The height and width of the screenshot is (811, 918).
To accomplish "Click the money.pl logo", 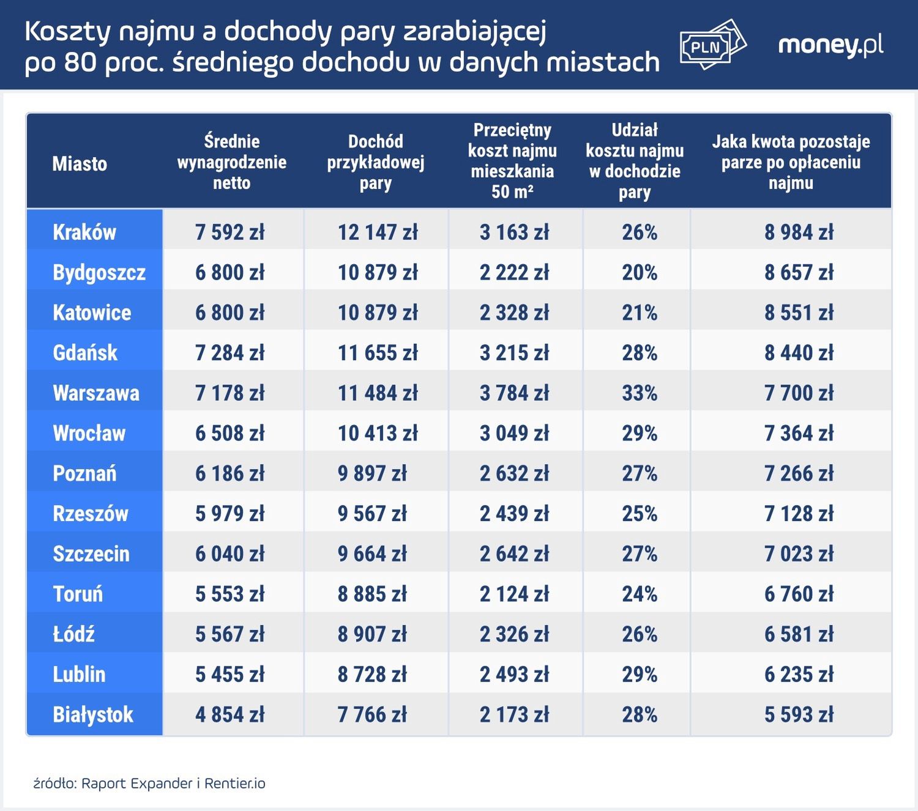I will point(830,46).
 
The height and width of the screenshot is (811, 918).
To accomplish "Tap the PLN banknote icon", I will point(712,45).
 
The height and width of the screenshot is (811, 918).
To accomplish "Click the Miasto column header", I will point(80,163).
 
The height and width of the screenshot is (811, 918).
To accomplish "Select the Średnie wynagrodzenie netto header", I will point(232,162).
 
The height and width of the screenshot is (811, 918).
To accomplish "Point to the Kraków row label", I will point(84,232).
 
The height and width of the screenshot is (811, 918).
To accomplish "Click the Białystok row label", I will point(93,714).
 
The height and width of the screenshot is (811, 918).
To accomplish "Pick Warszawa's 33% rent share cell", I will point(640,393).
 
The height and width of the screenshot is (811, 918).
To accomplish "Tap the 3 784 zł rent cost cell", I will point(514,393).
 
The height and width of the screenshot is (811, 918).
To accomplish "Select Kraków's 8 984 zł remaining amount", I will point(799,232).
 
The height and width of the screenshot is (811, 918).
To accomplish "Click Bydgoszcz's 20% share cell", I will point(640,272).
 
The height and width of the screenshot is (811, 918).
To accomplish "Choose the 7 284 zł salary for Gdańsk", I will point(230,353).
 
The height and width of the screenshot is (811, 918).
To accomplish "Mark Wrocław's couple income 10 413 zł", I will point(378,433).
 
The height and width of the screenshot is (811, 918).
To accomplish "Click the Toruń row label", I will point(78,594).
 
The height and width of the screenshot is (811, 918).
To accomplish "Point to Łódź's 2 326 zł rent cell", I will point(514,634).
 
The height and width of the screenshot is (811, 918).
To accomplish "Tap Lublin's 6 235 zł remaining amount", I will point(799,675).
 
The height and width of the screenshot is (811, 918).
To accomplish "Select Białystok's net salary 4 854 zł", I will point(230,714).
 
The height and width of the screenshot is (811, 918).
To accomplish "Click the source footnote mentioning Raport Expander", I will point(149,783).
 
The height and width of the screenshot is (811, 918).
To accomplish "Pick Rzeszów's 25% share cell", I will point(640,514).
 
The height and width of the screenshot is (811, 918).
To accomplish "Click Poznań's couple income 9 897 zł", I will point(372,473).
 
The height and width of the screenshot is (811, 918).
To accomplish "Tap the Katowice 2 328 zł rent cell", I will point(514,313).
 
